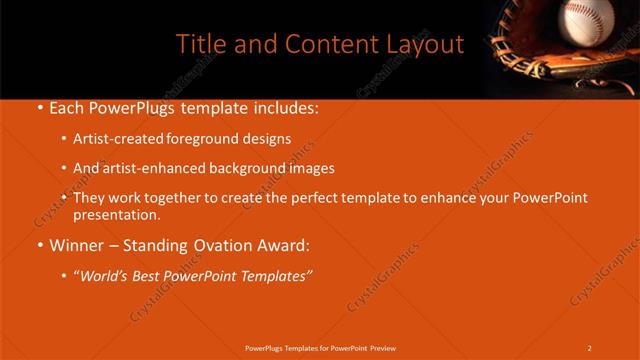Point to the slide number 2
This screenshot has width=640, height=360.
click(590, 348)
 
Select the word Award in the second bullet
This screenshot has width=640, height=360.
click(283, 245)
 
